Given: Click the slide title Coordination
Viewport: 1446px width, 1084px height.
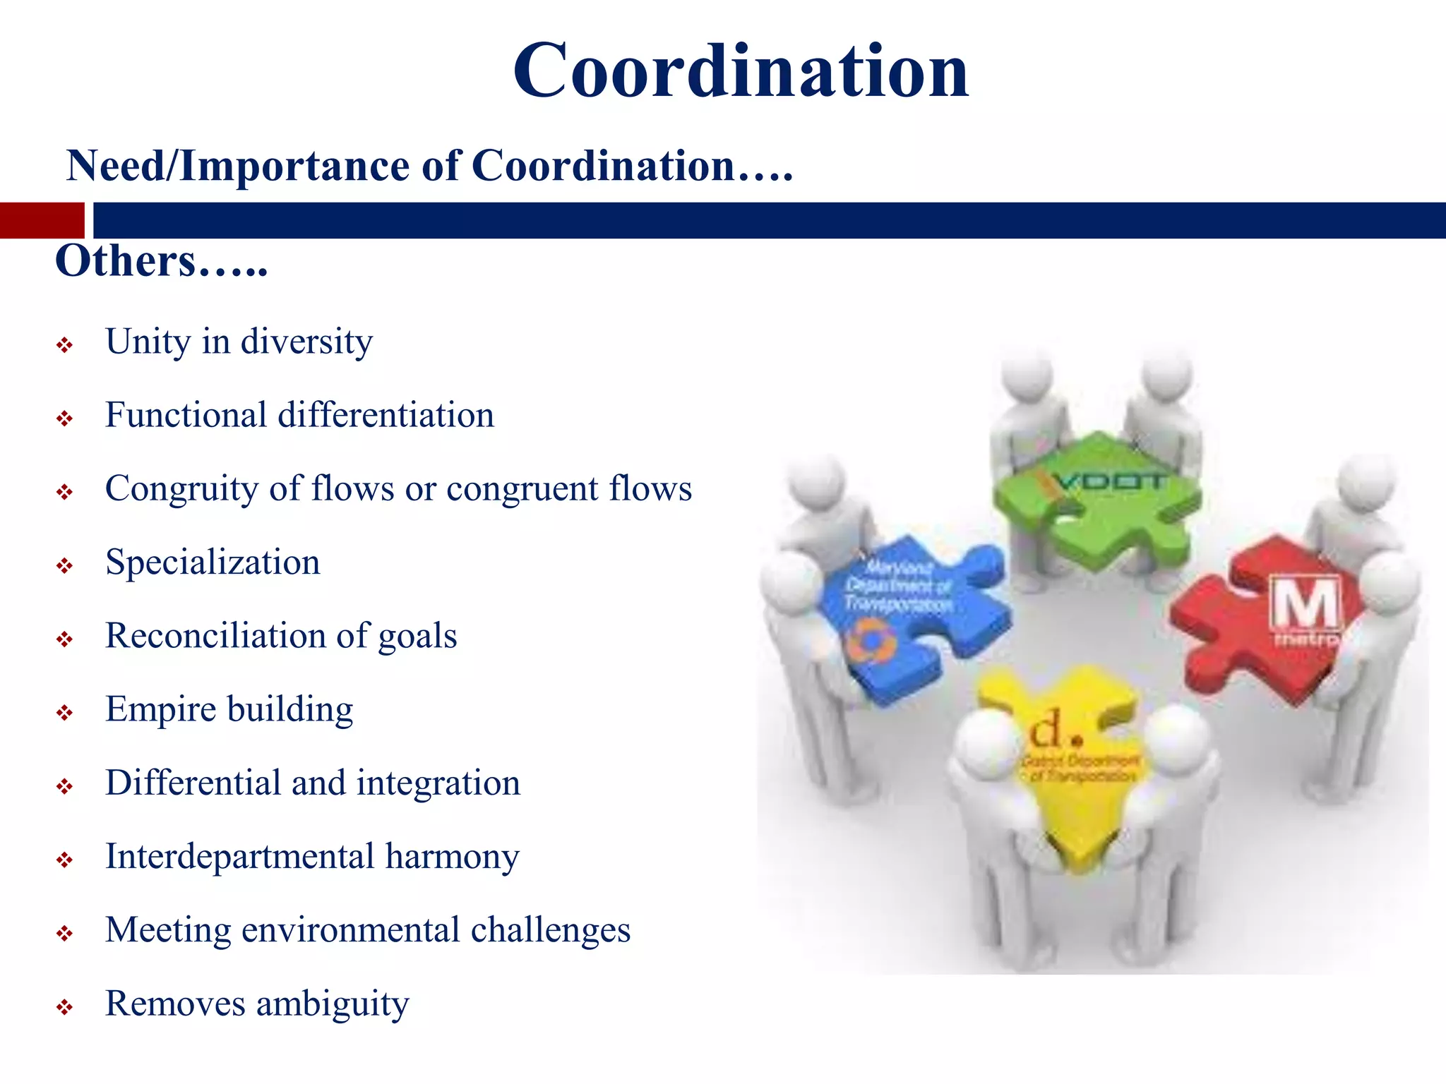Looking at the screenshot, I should (x=741, y=71).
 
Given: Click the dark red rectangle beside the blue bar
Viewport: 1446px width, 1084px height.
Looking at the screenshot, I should (x=42, y=220).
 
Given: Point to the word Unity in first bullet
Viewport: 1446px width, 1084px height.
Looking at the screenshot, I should (x=148, y=342).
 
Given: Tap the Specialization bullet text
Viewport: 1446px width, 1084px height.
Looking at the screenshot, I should (x=213, y=562).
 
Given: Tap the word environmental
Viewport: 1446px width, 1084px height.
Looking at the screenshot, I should (x=351, y=930).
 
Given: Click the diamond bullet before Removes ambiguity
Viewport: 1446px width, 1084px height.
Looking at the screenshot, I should (x=65, y=1007).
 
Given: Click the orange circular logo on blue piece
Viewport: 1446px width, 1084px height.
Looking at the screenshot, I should (x=873, y=640).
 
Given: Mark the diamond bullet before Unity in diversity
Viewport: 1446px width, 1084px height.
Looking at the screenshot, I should (x=65, y=345).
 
